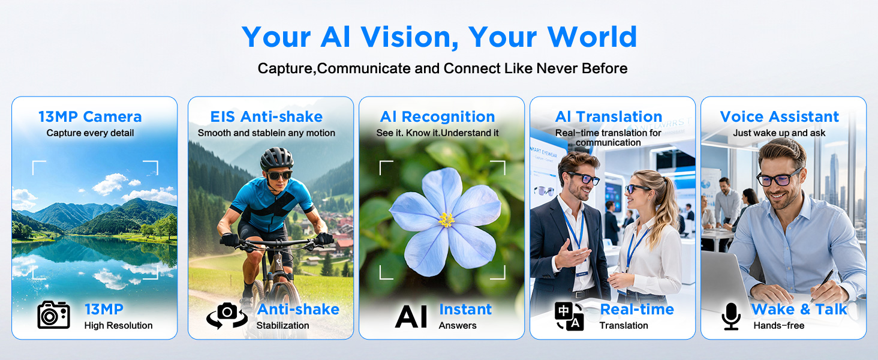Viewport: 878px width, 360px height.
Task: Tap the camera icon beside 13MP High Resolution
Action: [54, 314]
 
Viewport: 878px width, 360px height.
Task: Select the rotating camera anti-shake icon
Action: [227, 315]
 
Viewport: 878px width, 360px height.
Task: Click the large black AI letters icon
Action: [411, 316]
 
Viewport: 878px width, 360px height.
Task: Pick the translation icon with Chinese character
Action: [569, 316]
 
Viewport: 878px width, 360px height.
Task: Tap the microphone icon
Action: [731, 316]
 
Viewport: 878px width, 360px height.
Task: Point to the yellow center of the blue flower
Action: [446, 220]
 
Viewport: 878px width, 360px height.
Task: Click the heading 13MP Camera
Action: [90, 116]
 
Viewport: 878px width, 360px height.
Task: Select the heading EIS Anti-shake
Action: [266, 116]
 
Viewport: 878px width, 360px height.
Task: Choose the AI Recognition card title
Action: [437, 116]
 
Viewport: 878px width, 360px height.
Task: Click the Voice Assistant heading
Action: [779, 116]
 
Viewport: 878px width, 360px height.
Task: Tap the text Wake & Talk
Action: [799, 310]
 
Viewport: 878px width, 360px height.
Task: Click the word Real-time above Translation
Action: [637, 310]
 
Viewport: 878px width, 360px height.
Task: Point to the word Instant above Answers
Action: [465, 310]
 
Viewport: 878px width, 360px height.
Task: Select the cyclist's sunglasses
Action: [279, 175]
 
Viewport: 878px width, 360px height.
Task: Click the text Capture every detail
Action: [90, 133]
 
